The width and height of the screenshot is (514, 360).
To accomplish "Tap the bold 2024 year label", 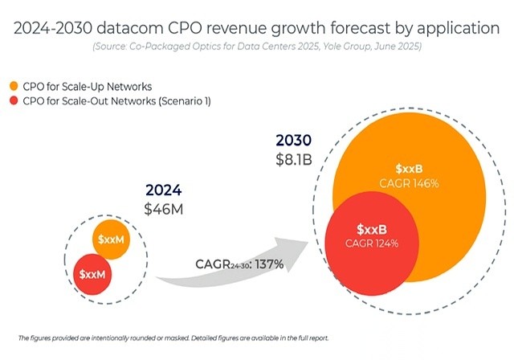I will (x=163, y=191).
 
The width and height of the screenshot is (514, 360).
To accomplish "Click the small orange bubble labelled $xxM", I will (x=112, y=240).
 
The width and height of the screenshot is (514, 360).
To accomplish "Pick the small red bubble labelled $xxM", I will (x=93, y=275).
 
